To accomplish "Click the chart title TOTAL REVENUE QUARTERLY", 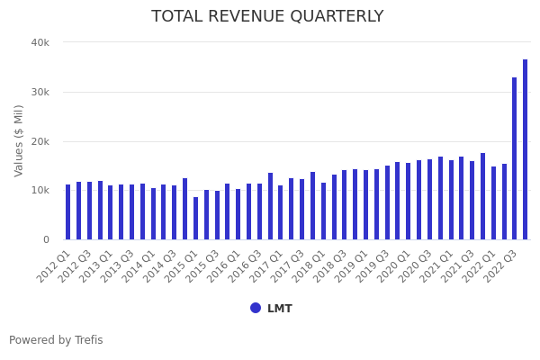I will [267, 17].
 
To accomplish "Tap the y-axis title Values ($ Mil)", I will [19, 140].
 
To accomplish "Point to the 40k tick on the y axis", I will [40, 42].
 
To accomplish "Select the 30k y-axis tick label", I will [40, 92].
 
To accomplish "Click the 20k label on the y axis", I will [40, 141].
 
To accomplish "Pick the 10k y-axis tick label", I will [40, 191].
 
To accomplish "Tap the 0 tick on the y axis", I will [45, 239].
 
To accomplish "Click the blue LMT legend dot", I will [256, 308].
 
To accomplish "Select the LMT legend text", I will [279, 309].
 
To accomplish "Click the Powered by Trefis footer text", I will [56, 340].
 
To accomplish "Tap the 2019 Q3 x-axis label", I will [373, 266].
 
